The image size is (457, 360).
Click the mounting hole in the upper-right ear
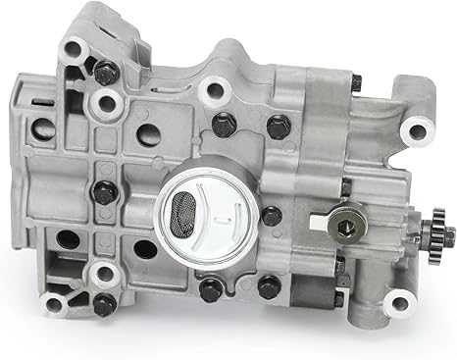(417, 131)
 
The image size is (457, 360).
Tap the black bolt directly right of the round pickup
(271, 216)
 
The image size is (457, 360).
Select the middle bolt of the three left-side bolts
(104, 192)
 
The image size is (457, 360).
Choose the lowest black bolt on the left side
(104, 304)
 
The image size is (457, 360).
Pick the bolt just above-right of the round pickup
(279, 126)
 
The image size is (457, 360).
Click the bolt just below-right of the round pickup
(270, 286)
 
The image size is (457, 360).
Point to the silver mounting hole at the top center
(212, 91)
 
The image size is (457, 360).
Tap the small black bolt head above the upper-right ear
(355, 83)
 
